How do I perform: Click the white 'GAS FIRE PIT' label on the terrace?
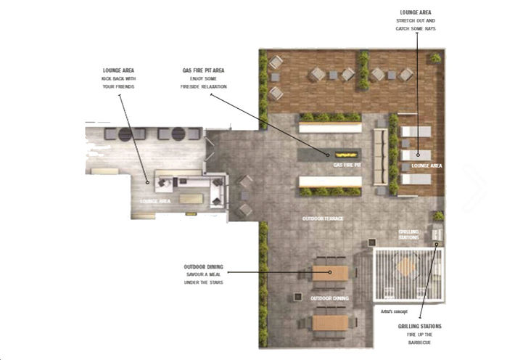(346, 165)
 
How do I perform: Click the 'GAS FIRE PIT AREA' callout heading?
(203, 70)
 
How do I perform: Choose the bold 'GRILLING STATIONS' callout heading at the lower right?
(419, 327)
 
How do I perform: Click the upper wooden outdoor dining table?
(331, 273)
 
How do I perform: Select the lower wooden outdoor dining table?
(331, 322)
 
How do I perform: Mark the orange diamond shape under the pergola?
(406, 268)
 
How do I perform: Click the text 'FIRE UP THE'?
(419, 335)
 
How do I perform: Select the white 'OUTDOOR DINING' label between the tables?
(330, 298)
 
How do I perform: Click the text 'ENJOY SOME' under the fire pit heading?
(203, 78)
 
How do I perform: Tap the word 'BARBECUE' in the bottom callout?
(419, 343)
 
